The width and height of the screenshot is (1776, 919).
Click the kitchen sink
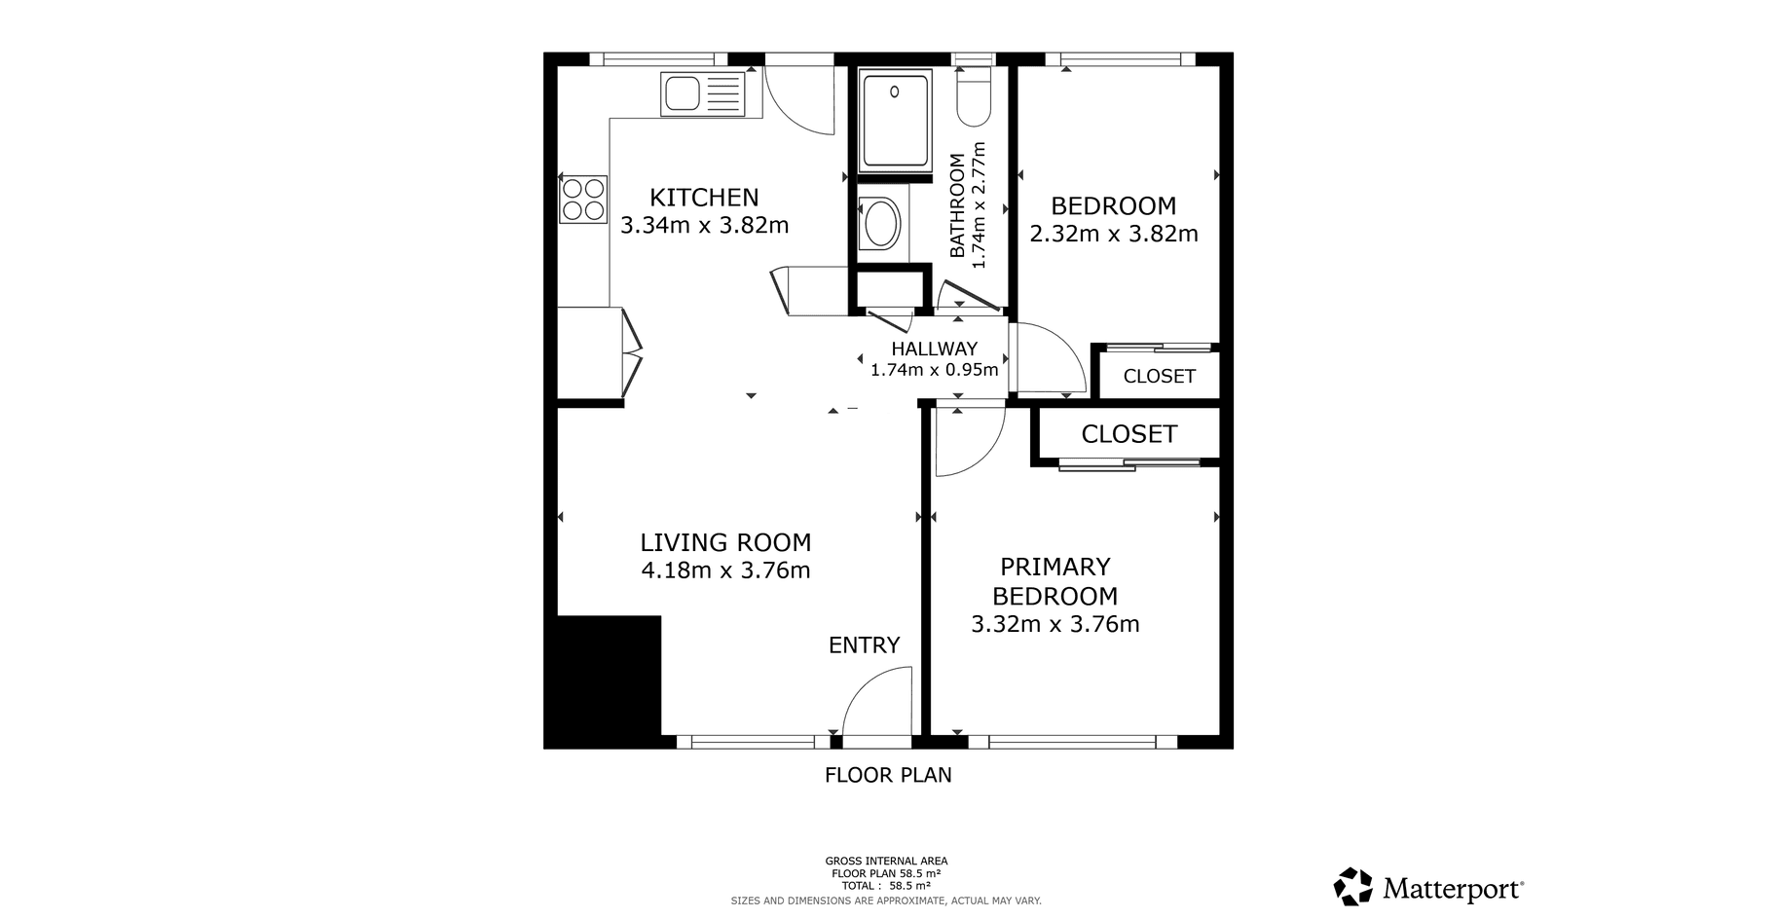[x=702, y=94]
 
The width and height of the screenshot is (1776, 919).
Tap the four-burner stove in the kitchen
[x=583, y=199]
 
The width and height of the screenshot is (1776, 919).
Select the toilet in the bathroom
[x=973, y=94]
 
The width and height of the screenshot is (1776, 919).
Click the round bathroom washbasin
[x=883, y=224]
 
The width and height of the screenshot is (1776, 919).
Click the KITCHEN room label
[x=704, y=198]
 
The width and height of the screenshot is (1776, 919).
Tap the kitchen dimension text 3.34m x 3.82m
[x=705, y=226]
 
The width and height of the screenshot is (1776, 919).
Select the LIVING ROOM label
[x=725, y=542]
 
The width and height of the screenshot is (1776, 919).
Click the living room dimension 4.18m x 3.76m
[x=725, y=570]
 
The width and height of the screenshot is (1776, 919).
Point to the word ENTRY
[x=864, y=645]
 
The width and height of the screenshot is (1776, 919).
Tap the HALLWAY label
[x=935, y=349]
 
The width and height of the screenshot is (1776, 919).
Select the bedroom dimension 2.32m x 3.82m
[x=1114, y=234]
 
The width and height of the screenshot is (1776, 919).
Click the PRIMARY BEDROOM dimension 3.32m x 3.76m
[x=1055, y=624]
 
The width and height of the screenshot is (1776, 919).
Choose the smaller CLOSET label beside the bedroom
[x=1159, y=377]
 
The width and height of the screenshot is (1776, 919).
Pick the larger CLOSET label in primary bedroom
[x=1129, y=434]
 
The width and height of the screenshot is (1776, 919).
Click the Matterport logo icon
[x=1353, y=887]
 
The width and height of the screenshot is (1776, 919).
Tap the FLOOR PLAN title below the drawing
[x=888, y=775]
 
